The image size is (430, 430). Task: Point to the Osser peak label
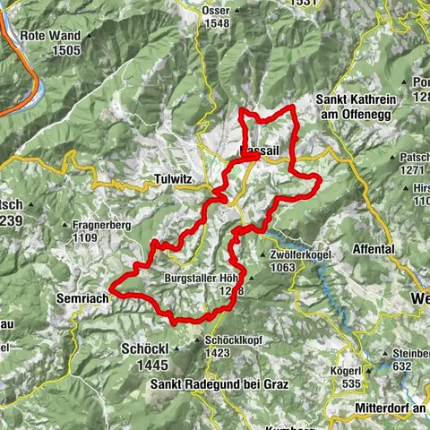point(214,11)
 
